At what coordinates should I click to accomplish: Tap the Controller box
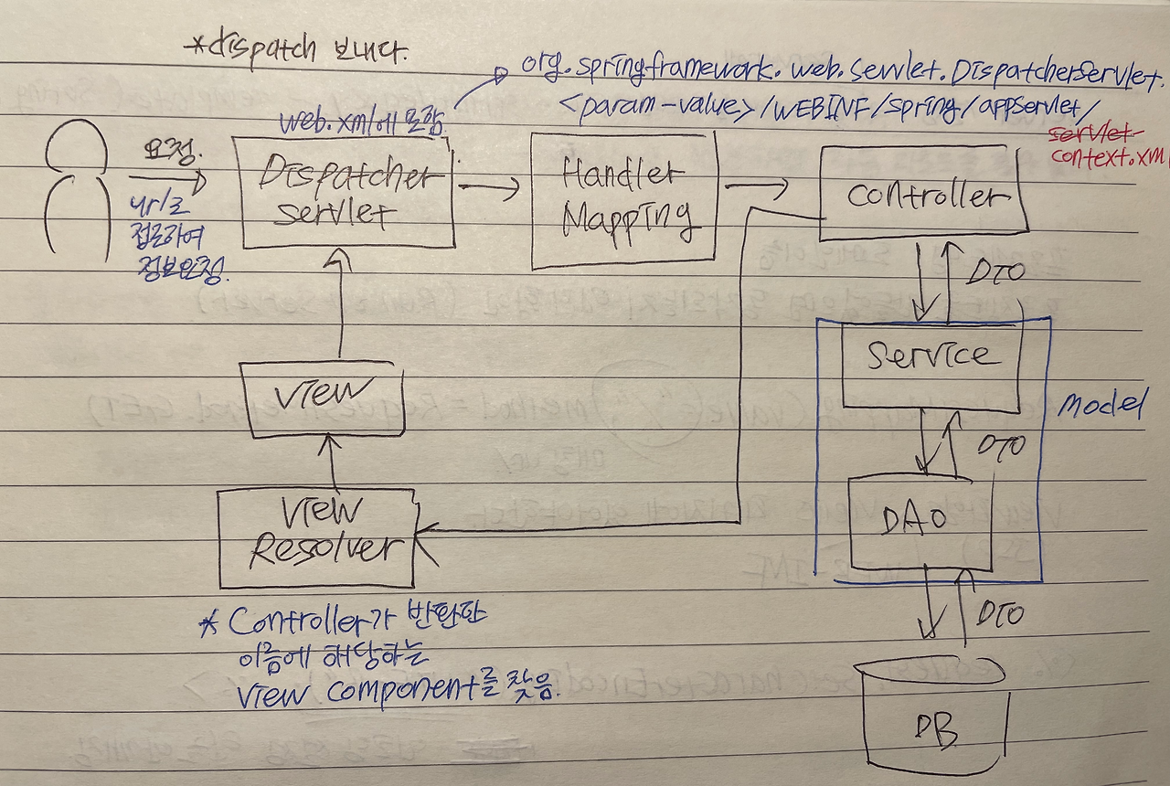click(x=923, y=194)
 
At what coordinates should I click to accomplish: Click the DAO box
click(x=920, y=521)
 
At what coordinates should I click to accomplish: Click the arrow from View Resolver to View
click(x=332, y=462)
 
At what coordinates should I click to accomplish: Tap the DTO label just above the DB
click(x=998, y=614)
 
